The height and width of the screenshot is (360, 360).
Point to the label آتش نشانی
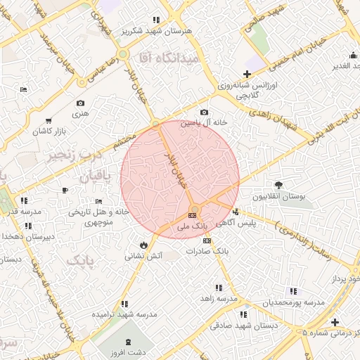(144, 256)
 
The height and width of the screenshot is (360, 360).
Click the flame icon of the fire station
(144, 245)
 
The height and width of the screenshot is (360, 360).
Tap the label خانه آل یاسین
(205, 122)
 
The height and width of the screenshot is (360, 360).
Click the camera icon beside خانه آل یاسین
(204, 112)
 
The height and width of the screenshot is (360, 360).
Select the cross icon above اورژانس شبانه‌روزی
(246, 75)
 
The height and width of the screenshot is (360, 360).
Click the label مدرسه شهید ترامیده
(124, 314)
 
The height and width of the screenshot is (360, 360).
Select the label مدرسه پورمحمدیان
(294, 302)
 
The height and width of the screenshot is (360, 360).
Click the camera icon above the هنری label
(80, 103)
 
